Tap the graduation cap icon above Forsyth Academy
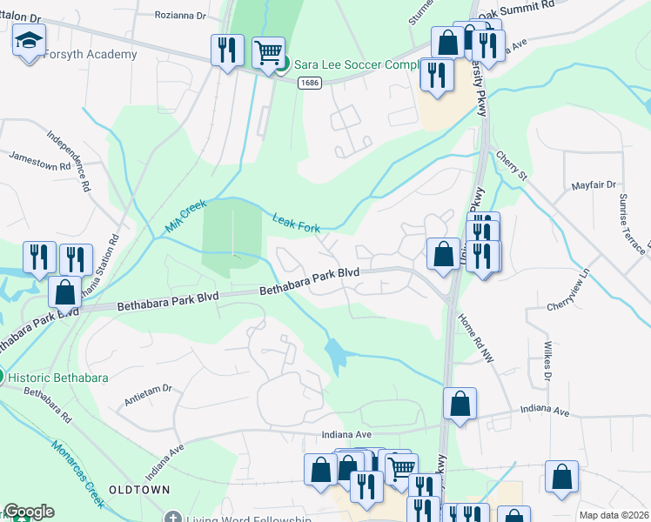[x=29, y=39]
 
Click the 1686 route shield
[x=308, y=83]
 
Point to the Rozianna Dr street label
[x=181, y=16]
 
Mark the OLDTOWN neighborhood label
[x=138, y=491]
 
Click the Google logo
[x=29, y=512]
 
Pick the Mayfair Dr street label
[x=594, y=185]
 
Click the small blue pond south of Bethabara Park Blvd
[x=336, y=351]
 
